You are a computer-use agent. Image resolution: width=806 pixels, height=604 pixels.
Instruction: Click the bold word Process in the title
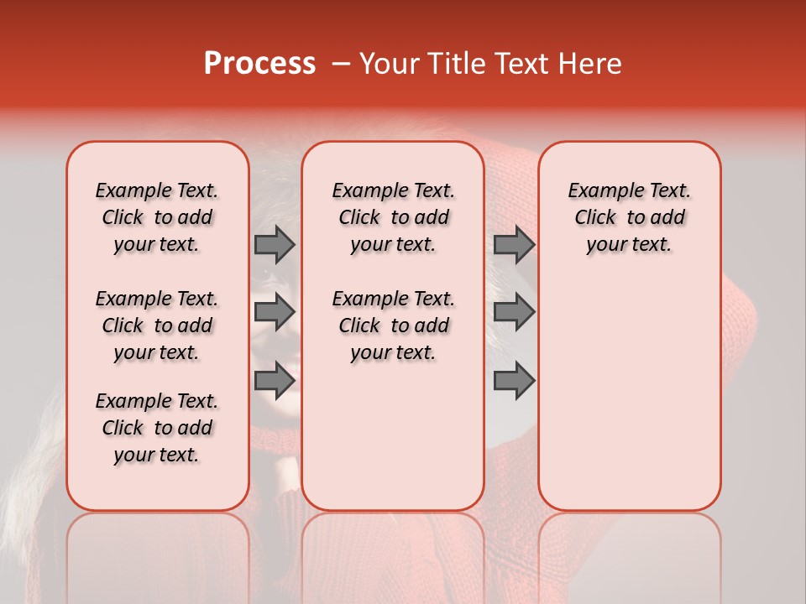point(259,64)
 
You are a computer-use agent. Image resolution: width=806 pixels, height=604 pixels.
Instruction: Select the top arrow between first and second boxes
point(275,245)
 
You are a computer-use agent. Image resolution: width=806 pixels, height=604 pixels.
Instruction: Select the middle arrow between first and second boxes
point(275,312)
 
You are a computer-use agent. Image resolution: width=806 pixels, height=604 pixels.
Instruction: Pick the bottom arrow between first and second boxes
point(275,380)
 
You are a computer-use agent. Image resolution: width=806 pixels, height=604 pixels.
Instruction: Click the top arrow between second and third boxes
point(514,245)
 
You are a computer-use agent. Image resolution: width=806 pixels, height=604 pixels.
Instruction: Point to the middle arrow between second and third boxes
point(514,312)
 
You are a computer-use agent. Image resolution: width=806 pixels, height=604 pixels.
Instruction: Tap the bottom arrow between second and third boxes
point(514,380)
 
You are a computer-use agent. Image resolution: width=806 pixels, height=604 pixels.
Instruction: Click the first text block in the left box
point(157,217)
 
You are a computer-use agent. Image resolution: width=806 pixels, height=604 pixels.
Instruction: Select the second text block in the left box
point(157,325)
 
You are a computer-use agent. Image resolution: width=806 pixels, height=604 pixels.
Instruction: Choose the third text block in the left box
point(157,428)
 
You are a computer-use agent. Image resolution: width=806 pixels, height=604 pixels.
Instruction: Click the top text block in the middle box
point(393,217)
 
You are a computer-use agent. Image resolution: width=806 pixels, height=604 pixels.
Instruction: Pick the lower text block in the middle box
point(393,325)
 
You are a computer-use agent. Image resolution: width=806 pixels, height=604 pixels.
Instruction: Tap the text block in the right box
point(629,217)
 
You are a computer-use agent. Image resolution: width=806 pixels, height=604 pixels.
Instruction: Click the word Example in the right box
point(603,191)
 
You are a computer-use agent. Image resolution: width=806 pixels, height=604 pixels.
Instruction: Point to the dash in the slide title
point(341,64)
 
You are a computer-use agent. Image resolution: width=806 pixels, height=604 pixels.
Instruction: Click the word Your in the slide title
point(385,64)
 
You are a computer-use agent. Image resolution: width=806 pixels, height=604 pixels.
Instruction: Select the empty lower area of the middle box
point(393,436)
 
